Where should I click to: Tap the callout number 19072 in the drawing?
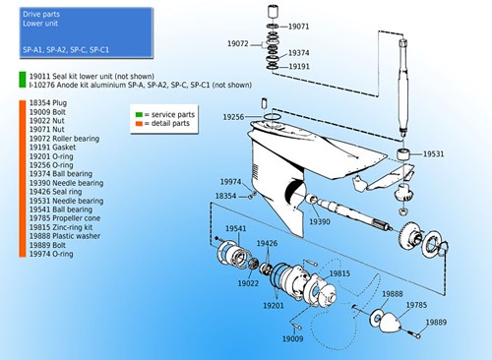(237, 43)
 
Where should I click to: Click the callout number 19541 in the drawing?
(237, 229)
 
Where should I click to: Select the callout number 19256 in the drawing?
(233, 117)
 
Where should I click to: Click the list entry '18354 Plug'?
(50, 102)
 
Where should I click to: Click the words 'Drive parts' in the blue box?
(42, 15)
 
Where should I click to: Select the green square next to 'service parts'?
(140, 115)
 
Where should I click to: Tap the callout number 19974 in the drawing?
(230, 181)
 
